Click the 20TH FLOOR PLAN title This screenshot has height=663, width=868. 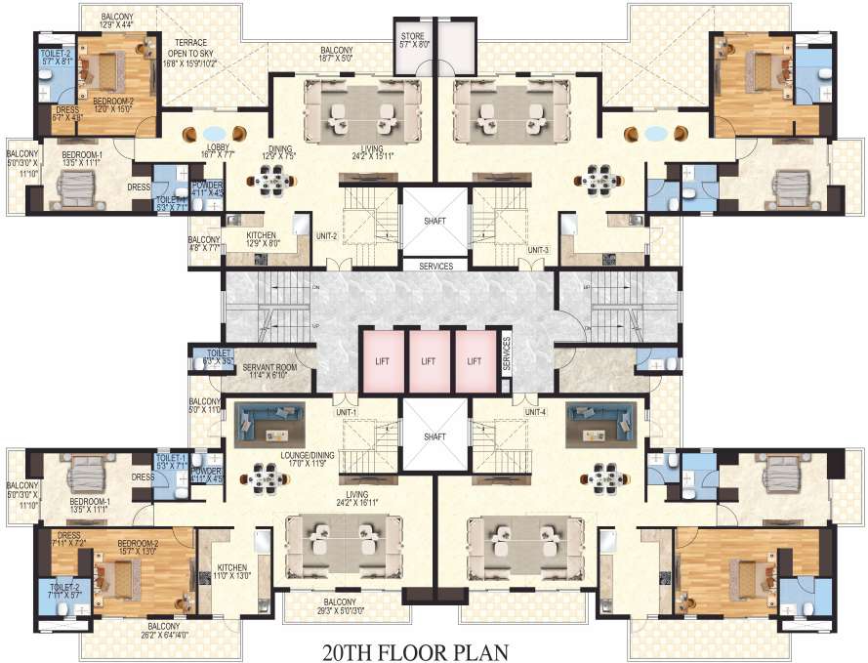(x=434, y=648)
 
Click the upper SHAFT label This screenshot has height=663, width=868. (x=434, y=222)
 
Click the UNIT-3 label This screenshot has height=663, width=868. (x=539, y=250)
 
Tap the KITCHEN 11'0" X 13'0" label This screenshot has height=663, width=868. (x=232, y=571)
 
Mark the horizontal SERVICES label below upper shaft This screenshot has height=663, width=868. (x=434, y=266)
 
